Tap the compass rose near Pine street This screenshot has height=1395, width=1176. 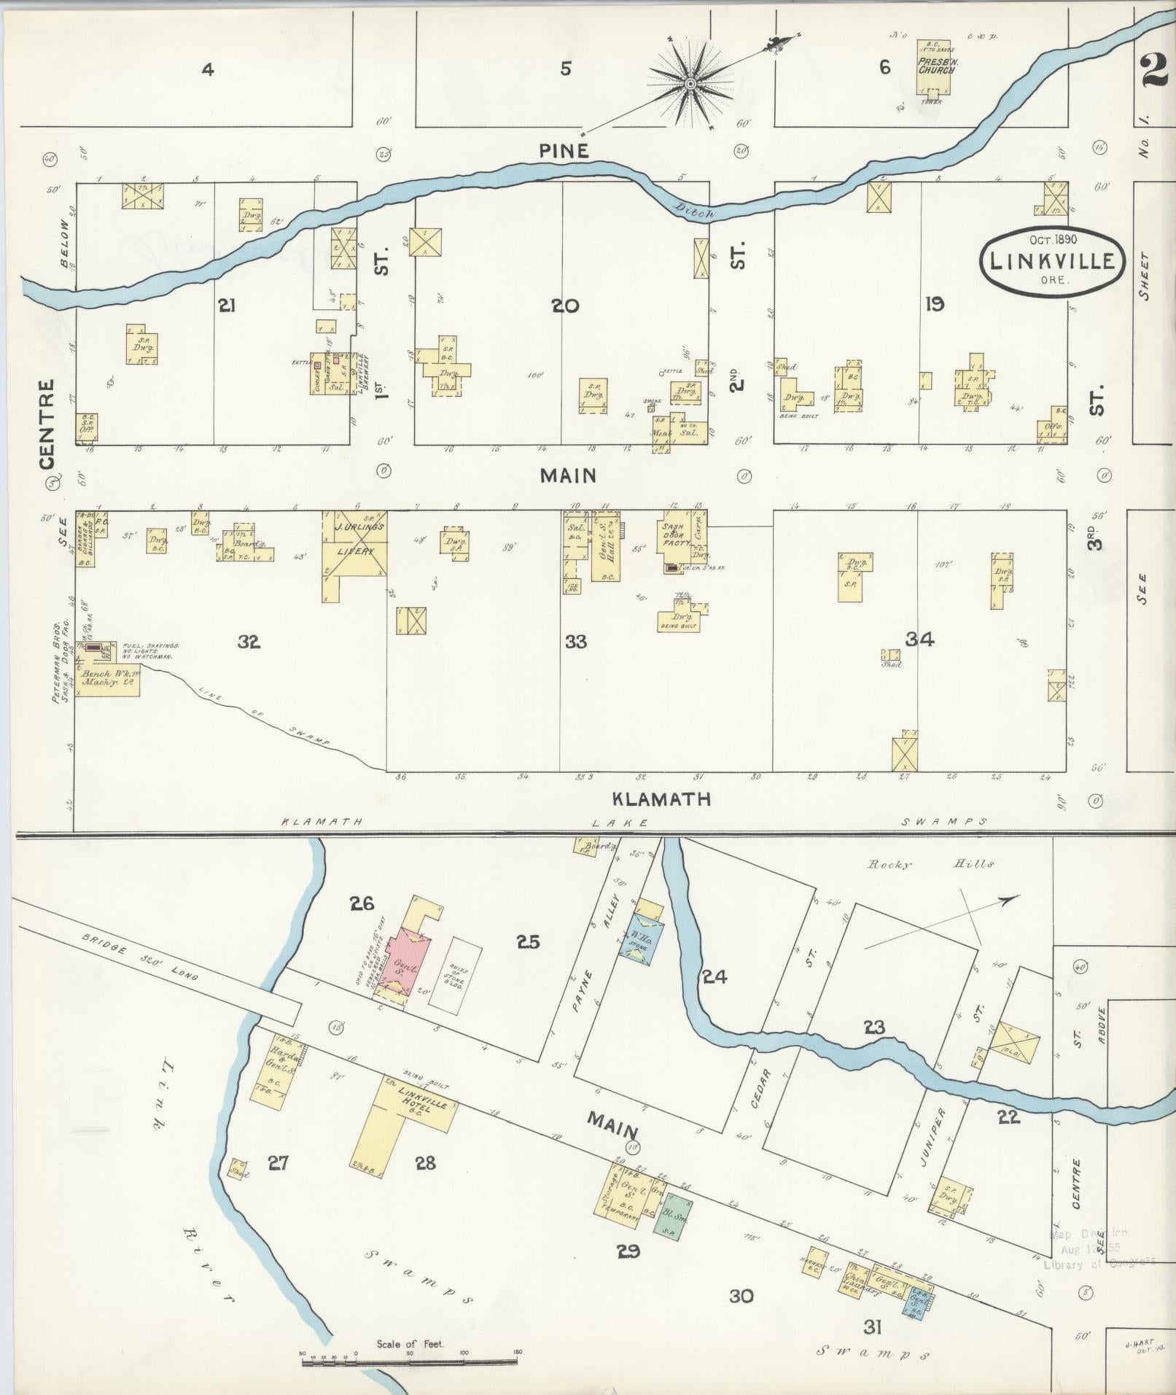click(688, 85)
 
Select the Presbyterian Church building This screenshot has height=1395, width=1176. click(933, 77)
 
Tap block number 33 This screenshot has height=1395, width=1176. click(575, 642)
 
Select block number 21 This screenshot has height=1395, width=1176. click(226, 306)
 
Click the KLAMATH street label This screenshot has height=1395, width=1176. click(661, 798)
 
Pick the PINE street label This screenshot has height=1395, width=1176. click(563, 151)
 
